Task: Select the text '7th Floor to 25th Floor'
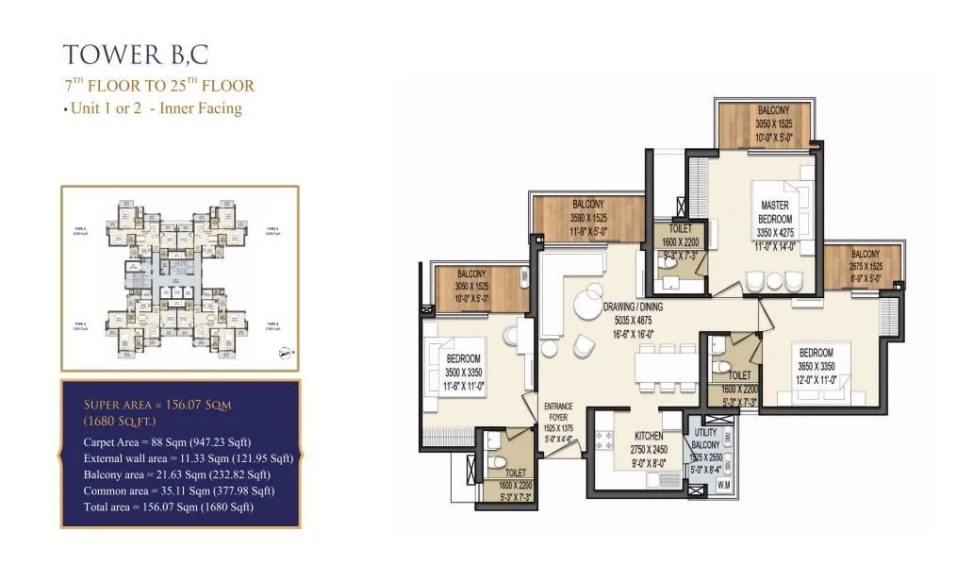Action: pos(158,86)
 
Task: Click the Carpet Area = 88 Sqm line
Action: pos(180,440)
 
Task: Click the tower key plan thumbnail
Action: pos(179,277)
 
